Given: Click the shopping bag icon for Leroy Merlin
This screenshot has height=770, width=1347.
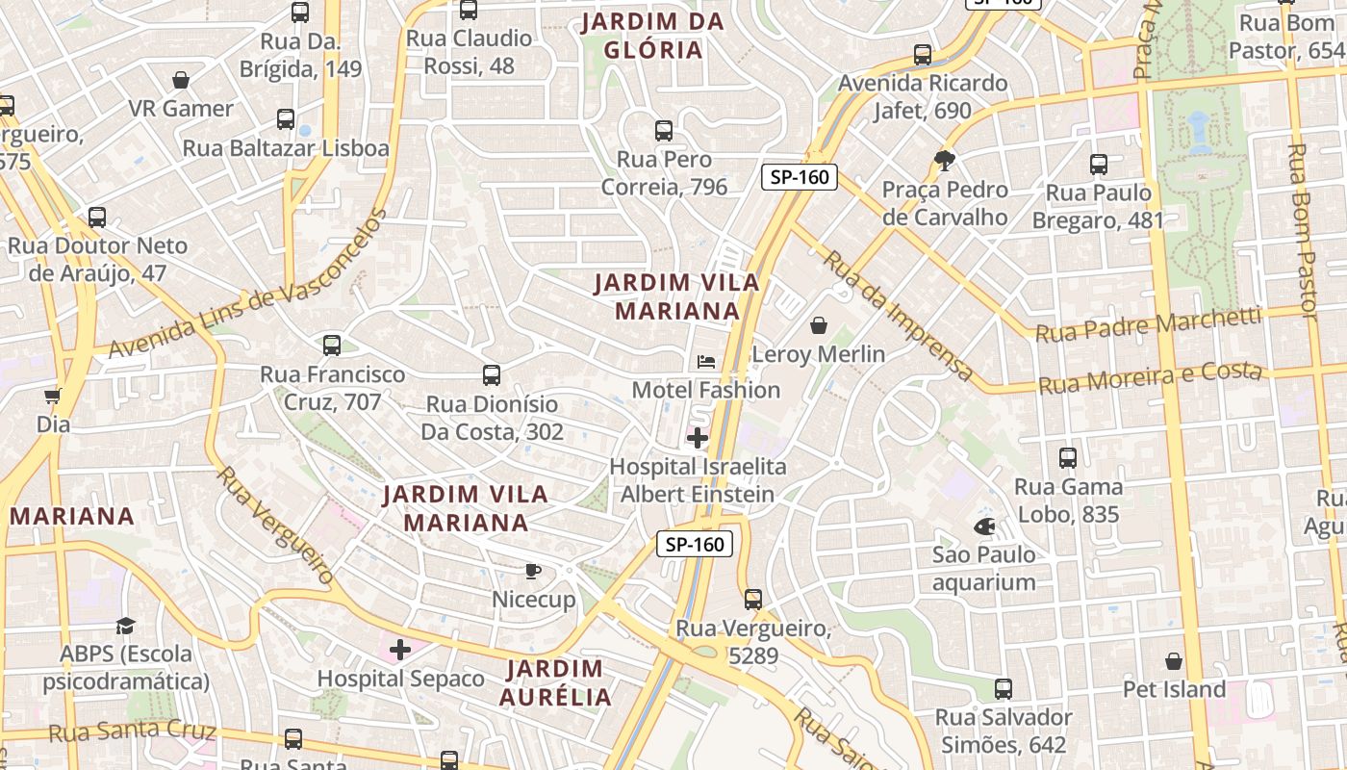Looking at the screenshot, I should [819, 326].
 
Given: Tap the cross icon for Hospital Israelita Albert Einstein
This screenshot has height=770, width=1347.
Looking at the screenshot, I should [697, 439].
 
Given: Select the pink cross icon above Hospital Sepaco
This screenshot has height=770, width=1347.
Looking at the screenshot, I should [400, 650].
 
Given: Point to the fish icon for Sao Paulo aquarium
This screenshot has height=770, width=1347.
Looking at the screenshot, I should [984, 526].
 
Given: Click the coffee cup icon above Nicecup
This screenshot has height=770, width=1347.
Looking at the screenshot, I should [533, 572].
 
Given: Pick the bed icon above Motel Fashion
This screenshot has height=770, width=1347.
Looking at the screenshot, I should [706, 362].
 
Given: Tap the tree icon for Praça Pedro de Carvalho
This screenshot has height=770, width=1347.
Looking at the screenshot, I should [945, 161].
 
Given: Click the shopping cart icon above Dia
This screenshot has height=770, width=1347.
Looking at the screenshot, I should [53, 396].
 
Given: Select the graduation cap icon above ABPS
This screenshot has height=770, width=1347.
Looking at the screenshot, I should [126, 627].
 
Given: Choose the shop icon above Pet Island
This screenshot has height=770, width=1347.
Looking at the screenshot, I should [1174, 661].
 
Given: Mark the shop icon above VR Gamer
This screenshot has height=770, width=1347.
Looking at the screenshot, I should [181, 80].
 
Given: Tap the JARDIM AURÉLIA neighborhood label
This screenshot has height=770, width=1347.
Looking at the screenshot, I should [555, 682].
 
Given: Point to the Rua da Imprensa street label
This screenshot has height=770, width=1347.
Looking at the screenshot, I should [899, 315].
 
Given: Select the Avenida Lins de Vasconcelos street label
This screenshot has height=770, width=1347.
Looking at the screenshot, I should [247, 284].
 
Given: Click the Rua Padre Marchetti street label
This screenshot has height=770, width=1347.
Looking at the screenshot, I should [1148, 325].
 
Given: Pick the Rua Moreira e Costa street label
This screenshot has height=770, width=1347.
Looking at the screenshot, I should [1150, 377].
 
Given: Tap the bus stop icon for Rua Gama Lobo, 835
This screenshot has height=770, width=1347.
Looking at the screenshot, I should [1068, 458].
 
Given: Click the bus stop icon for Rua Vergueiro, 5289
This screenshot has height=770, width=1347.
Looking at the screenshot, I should [753, 600].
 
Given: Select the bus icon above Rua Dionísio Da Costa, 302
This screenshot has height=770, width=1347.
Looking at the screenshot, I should [492, 375].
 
